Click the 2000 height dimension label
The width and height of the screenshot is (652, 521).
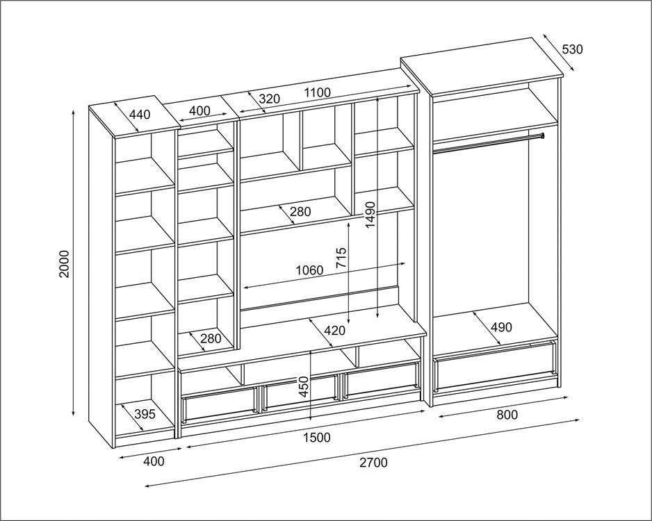(65, 263)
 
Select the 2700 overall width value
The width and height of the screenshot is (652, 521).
(373, 463)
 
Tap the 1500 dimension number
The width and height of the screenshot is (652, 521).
(316, 438)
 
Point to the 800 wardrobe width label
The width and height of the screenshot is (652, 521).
(507, 415)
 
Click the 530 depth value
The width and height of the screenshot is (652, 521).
(572, 49)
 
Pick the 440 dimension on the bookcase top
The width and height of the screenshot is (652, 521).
(140, 115)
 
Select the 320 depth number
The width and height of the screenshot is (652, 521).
(269, 99)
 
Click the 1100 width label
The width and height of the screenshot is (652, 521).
(317, 92)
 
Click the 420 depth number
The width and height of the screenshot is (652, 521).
(334, 331)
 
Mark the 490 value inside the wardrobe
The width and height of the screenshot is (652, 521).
(501, 327)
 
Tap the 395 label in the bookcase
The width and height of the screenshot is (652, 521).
(144, 414)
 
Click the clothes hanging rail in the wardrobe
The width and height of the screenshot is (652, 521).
(487, 142)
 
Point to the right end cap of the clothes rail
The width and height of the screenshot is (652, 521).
(541, 135)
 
